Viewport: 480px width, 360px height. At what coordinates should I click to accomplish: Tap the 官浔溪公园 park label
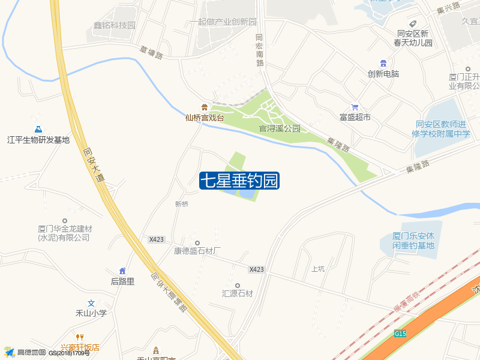[x=280, y=128]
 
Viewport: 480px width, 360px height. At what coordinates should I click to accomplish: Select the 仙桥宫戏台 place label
[x=205, y=118]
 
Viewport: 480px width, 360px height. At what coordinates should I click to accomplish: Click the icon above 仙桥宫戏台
[x=205, y=107]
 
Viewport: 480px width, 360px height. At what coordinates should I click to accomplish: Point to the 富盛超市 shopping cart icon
[x=355, y=106]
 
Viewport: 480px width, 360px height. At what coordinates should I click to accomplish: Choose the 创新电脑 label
[x=383, y=74]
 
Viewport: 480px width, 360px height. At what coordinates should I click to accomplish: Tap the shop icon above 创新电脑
[x=383, y=63]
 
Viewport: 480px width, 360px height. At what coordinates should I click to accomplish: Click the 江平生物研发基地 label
[x=38, y=140]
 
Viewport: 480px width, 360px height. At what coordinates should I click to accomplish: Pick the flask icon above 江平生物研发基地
[x=38, y=129]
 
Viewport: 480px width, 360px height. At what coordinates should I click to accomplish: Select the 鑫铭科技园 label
[x=115, y=25]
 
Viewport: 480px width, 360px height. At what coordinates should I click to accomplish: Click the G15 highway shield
[x=401, y=333]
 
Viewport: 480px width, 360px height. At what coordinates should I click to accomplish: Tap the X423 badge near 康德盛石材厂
[x=157, y=239]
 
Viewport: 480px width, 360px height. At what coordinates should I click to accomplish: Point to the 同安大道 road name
[x=92, y=166]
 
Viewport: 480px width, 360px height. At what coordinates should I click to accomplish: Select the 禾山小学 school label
[x=91, y=313]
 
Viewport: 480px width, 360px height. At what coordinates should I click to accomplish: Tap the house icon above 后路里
[x=122, y=271]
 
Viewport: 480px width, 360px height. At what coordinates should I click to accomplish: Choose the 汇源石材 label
[x=238, y=293]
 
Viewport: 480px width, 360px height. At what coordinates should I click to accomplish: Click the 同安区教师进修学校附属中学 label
[x=443, y=129]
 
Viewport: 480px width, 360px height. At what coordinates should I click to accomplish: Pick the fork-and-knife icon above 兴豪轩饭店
[x=79, y=337]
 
